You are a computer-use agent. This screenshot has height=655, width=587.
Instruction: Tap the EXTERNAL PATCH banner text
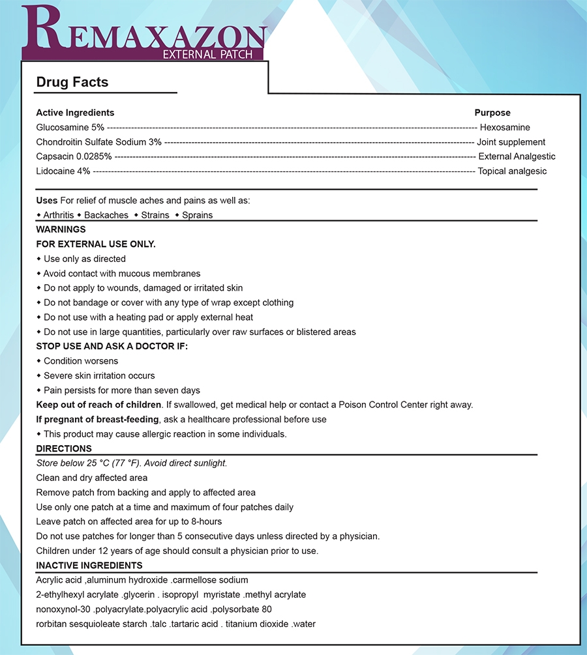(x=207, y=54)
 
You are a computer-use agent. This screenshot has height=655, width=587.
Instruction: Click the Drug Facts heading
(x=72, y=82)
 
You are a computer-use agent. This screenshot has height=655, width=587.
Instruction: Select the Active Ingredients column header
(x=75, y=113)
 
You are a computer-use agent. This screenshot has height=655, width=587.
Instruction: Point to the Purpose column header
(x=492, y=113)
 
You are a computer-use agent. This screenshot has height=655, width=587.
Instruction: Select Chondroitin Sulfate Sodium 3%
(x=98, y=142)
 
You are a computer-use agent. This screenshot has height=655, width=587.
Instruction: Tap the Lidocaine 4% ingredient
(x=63, y=171)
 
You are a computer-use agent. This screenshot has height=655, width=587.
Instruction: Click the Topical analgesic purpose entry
(x=512, y=171)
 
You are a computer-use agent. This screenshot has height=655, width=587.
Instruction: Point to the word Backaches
(x=106, y=215)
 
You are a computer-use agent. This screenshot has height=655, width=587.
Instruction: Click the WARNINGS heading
(x=61, y=229)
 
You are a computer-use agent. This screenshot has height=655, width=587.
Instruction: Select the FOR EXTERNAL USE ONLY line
(x=96, y=244)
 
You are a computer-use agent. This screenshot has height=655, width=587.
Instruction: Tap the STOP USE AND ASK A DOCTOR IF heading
(x=112, y=346)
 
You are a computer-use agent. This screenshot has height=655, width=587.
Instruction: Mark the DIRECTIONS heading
(x=64, y=448)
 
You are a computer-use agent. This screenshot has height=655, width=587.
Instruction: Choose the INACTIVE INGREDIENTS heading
(x=89, y=565)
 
